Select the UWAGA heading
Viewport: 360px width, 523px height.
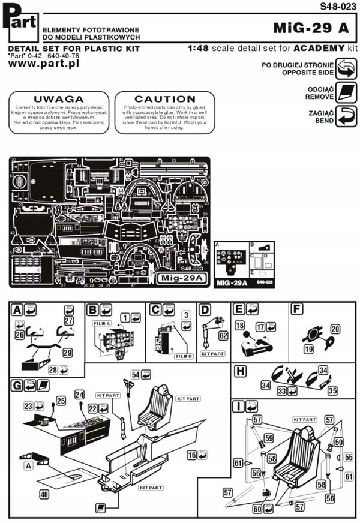coord(58,98)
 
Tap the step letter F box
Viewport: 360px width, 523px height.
coord(296,309)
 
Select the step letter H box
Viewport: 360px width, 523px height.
coord(241,371)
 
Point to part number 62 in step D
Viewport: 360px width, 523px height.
coord(223,335)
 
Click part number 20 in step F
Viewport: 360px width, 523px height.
coord(335,329)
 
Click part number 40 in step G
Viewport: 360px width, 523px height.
coord(43,494)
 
